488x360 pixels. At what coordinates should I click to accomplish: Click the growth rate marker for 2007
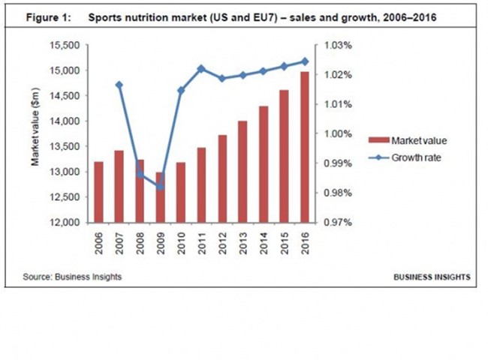(119, 85)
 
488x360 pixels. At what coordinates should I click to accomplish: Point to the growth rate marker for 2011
(201, 69)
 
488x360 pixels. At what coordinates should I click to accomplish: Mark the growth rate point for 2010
(181, 90)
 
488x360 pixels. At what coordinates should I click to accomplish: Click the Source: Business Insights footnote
(72, 277)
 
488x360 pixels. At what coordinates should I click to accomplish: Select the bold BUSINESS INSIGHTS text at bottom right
(432, 277)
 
